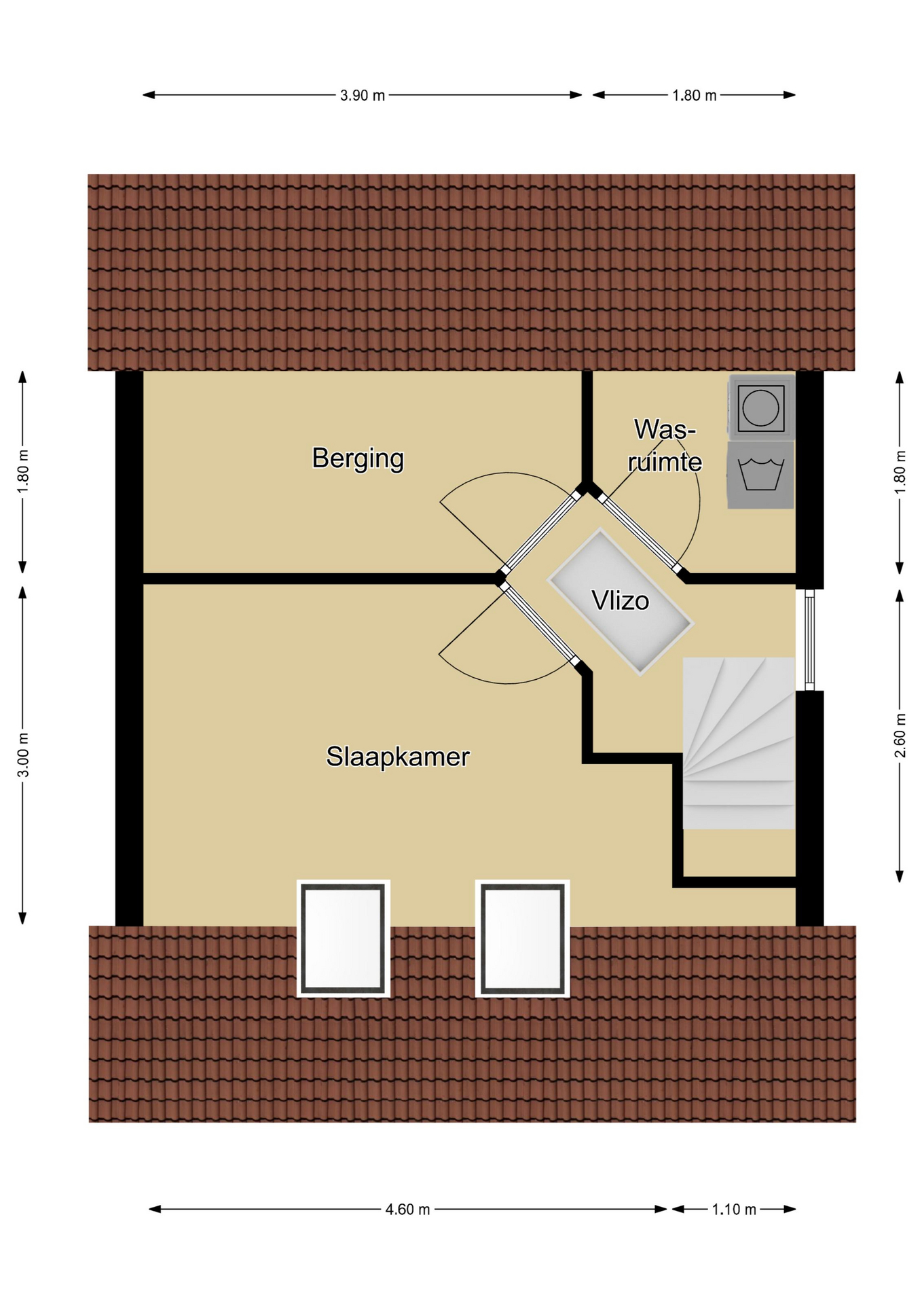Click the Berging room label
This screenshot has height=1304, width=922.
pos(358,458)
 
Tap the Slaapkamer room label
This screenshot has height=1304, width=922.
pos(398,757)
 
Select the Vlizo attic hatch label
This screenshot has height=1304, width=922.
pos(621,600)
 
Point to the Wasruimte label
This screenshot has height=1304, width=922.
pos(665,446)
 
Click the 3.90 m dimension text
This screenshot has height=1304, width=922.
pos(363,96)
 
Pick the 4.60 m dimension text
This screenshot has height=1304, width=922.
pos(408,1210)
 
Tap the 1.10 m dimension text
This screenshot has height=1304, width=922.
pos(734,1210)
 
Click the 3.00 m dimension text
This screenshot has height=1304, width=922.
pos(22,755)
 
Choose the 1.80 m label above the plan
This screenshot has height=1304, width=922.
pos(695,96)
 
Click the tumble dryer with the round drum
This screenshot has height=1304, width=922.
pos(761,407)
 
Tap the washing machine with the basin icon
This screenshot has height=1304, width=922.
pos(761,475)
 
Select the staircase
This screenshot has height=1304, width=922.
pos(739,742)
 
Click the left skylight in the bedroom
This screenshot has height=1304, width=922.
pos(344,939)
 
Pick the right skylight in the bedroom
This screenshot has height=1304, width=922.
pos(522,939)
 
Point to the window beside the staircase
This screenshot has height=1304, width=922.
pos(809,640)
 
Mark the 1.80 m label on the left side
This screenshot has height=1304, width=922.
pos(22,472)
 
